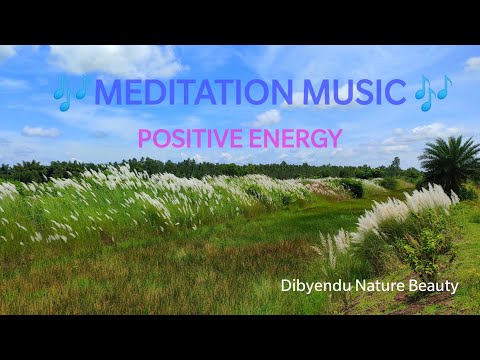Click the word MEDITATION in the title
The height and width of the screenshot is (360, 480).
coord(187,92)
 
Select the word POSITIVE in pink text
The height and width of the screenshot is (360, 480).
coord(185,138)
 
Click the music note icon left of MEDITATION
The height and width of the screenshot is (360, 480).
coord(71,93)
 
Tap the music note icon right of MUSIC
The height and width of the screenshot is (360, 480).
coord(433,92)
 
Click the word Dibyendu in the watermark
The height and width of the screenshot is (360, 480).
coord(312,286)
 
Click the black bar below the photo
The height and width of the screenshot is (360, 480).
coord(240,337)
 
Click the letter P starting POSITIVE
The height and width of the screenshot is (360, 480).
coord(144,138)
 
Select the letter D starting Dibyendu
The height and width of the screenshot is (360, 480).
coord(287,286)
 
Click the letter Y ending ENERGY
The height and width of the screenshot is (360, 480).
coord(335,138)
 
